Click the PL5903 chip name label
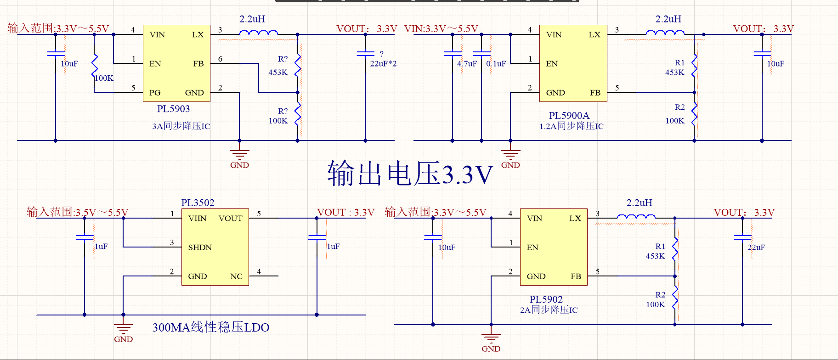(x=173, y=109)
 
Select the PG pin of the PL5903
(x=155, y=93)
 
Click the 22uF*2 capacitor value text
(x=383, y=64)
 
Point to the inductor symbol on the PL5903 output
(x=258, y=33)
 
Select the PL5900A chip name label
(x=569, y=116)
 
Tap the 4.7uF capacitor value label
(x=467, y=64)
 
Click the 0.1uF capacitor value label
(x=496, y=64)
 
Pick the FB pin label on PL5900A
(x=595, y=93)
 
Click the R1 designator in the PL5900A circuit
(x=679, y=63)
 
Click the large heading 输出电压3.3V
(x=410, y=174)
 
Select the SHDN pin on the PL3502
(x=200, y=247)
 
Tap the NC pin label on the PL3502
(x=236, y=276)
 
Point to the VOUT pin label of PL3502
(x=230, y=219)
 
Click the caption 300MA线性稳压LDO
(x=210, y=327)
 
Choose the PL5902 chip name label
(x=546, y=299)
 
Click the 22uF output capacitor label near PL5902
(x=756, y=247)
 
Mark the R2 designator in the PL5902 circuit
(x=660, y=295)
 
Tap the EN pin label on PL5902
(x=532, y=247)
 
